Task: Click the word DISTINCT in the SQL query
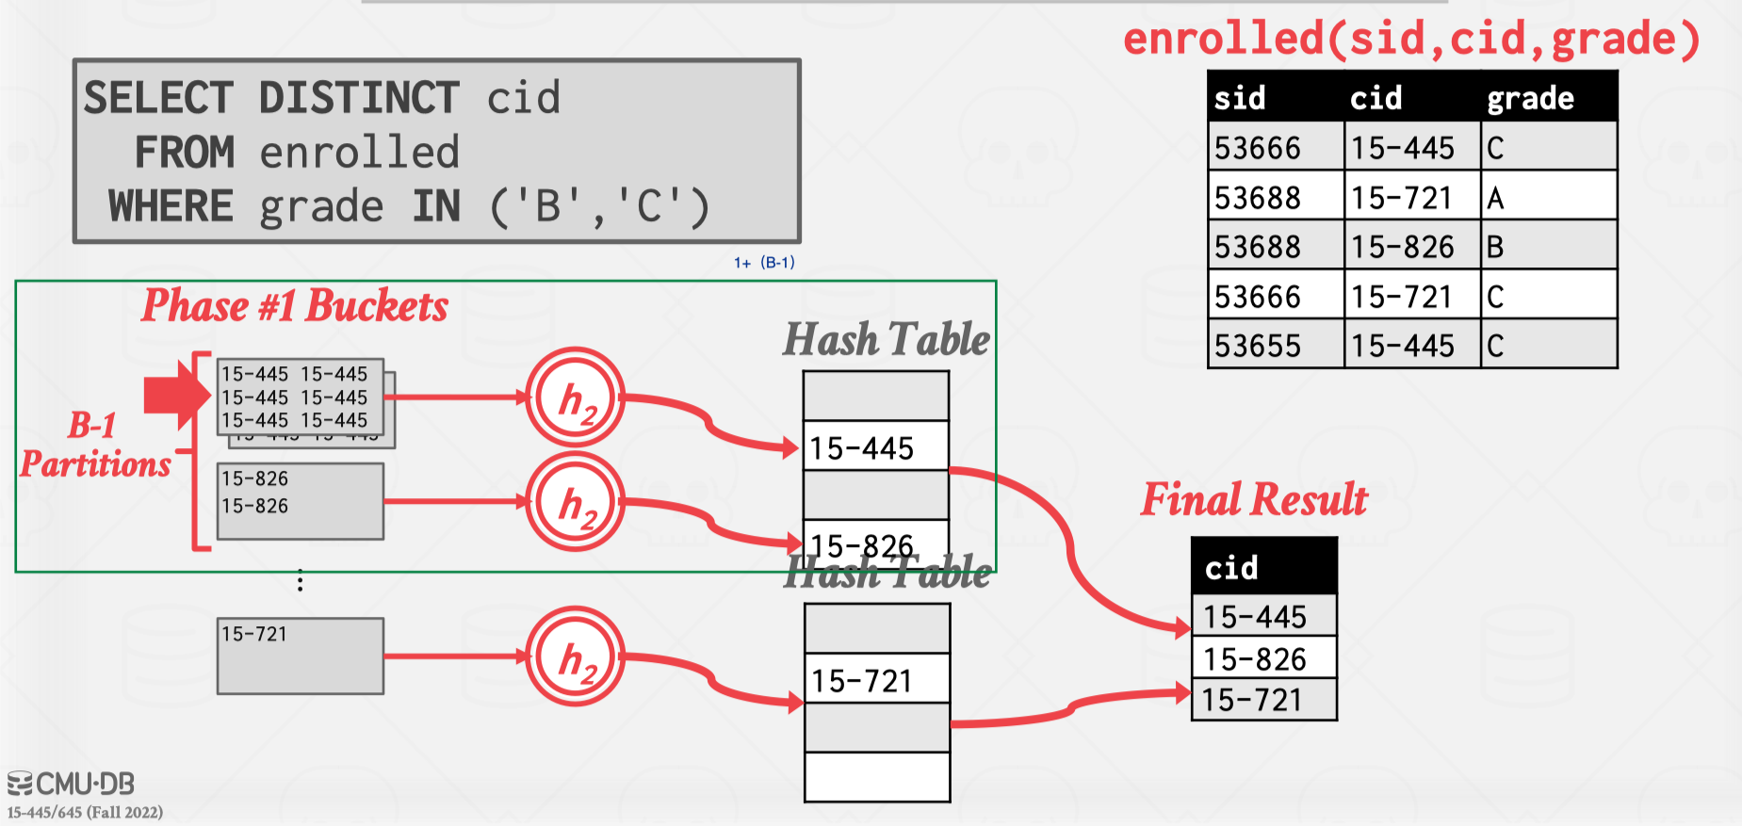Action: [358, 98]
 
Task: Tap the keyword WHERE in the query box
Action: [171, 206]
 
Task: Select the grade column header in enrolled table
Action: [1530, 98]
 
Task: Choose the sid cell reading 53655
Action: [1258, 346]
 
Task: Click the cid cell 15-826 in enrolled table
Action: [1403, 247]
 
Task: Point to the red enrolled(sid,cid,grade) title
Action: [1410, 40]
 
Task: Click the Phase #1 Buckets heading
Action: [295, 306]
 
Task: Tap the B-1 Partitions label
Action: [95, 445]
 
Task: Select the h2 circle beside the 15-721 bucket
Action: [575, 656]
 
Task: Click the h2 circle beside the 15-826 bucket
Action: [575, 501]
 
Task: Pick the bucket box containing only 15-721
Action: [301, 656]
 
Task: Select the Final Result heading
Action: [1254, 499]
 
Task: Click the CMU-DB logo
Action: [72, 784]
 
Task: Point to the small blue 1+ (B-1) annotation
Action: [764, 263]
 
